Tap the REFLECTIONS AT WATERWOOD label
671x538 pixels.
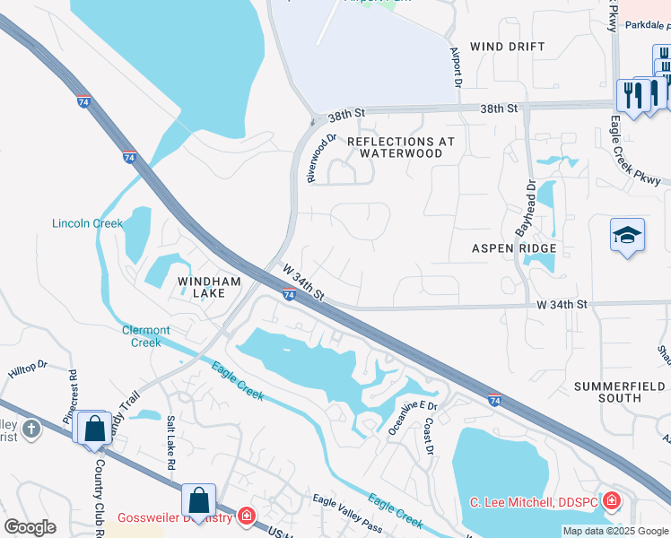pyautogui.click(x=400, y=147)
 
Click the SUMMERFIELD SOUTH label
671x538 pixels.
pyautogui.click(x=620, y=392)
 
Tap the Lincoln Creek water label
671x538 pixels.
pyautogui.click(x=87, y=223)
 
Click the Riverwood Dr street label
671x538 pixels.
pyautogui.click(x=321, y=159)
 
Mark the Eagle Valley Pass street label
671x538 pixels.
pyautogui.click(x=346, y=512)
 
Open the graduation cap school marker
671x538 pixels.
pyautogui.click(x=627, y=235)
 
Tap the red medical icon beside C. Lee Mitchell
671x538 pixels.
pyautogui.click(x=611, y=500)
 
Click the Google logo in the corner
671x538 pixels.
pyautogui.click(x=29, y=527)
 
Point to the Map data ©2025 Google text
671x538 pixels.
pyautogui.click(x=615, y=531)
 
